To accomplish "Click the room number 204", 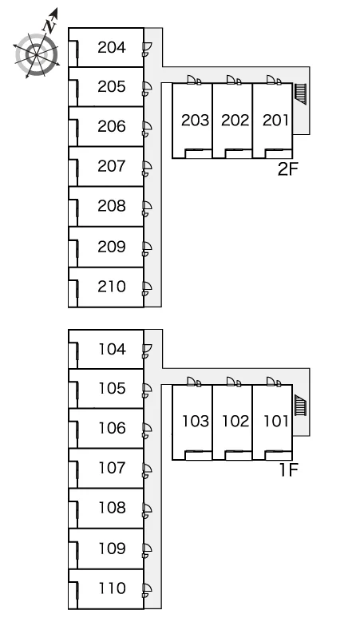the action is coord(112,47).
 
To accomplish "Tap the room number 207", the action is coord(112,166).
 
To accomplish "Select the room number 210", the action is coord(112,287).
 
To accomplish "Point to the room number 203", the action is coord(195,121).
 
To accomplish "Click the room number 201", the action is coord(275,121).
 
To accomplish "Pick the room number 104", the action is coord(113,349).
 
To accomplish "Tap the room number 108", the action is coord(113,508).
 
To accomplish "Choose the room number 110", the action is coord(113,588).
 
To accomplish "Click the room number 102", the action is coord(235,422).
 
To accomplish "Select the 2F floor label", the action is coord(288,169).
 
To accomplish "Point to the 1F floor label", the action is coord(289,469).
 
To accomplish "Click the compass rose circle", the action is coord(37,54).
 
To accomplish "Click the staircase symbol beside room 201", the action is coord(300,93).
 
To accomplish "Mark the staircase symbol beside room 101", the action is coord(300,405).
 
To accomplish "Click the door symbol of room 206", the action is coord(147,128).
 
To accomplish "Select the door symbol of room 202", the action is coord(234,80).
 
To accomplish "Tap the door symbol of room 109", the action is coord(147,550).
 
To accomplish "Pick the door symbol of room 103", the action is coord(194,382).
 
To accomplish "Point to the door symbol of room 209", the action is coord(147,248).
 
